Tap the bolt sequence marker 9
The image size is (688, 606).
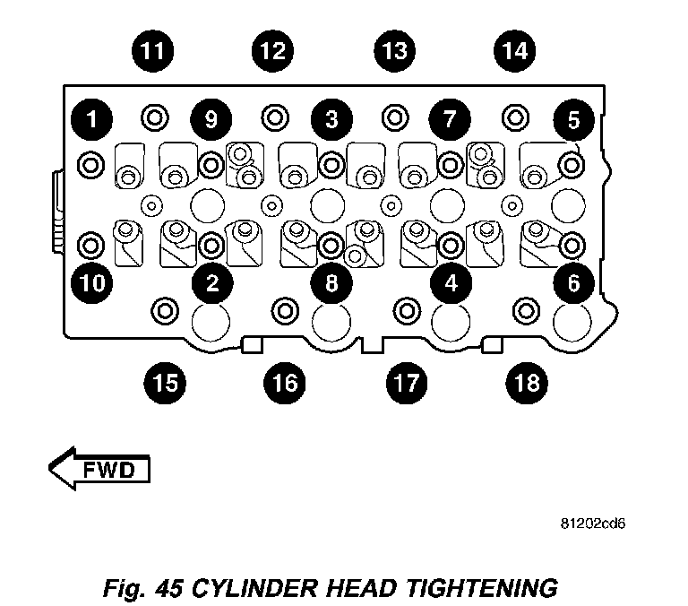point(211,118)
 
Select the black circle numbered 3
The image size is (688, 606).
point(331,118)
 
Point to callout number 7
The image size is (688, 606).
point(450,118)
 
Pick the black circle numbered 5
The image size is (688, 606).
point(573,118)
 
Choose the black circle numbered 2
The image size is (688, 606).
point(212,283)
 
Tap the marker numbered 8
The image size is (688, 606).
point(331,283)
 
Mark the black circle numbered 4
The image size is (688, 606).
point(451,283)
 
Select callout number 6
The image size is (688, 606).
point(573,283)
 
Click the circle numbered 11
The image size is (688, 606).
point(154,50)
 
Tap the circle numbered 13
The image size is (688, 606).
point(394,50)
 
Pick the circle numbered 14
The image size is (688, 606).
point(514,50)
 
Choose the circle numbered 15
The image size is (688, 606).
point(163,384)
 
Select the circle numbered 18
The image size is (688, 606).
point(524,384)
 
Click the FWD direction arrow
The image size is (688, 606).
point(99,468)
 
